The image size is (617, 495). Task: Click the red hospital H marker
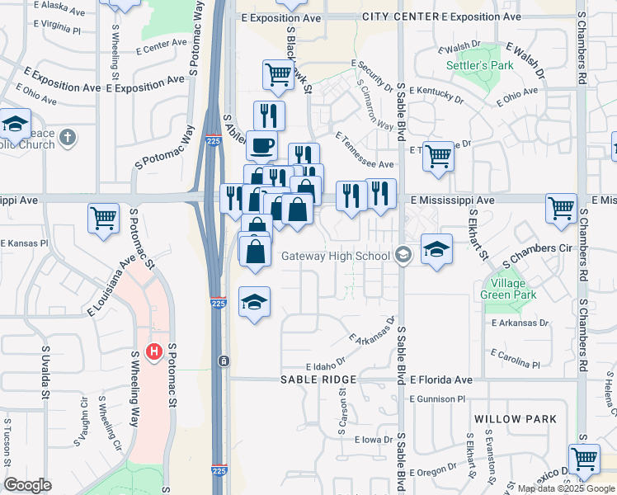[x=153, y=352]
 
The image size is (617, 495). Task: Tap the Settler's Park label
[x=479, y=65]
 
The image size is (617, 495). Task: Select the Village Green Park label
[x=509, y=289]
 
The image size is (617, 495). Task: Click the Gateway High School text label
[x=335, y=256]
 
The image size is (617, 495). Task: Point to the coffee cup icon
[x=262, y=146]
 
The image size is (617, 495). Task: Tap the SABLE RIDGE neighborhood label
[x=318, y=379]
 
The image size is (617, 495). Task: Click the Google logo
[x=27, y=484]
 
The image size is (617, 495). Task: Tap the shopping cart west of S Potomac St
[x=104, y=219]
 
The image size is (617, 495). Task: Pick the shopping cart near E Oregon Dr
[x=584, y=459]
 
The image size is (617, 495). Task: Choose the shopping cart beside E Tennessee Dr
[x=438, y=155]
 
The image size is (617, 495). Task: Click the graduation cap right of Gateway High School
[x=436, y=250]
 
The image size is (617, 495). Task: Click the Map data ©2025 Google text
[x=565, y=488]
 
